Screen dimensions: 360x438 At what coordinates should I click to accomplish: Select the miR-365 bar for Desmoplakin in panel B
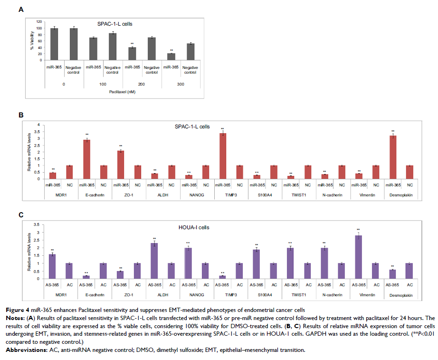tap(393, 157)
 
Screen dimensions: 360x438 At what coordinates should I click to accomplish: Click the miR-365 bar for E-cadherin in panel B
tap(87, 159)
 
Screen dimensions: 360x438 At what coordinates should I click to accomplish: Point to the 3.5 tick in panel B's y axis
tap(40, 132)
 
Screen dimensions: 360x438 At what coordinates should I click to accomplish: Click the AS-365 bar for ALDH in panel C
tap(154, 261)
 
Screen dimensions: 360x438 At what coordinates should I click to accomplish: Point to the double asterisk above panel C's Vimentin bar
tap(359, 230)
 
